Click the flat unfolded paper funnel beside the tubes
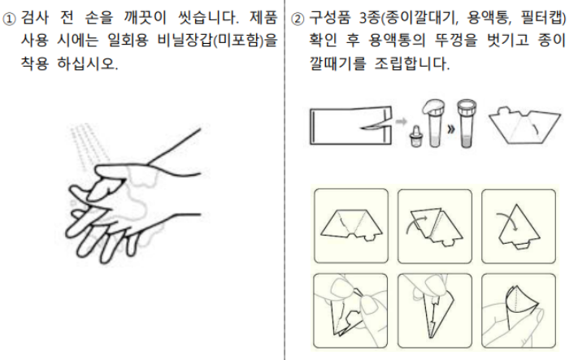point(522,124)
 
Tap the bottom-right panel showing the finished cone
point(518,310)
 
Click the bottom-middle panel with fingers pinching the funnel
point(435,310)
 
